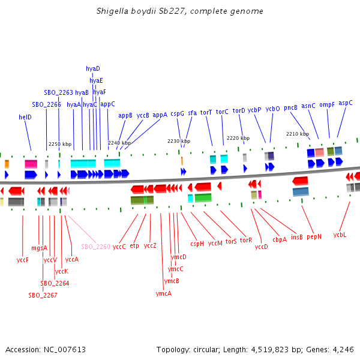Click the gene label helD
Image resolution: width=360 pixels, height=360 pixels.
[x=25, y=118]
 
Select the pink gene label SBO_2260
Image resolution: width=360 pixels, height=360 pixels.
[x=95, y=247]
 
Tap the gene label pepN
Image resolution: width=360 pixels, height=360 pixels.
[x=314, y=236]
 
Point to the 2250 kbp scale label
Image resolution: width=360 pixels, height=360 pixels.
[x=60, y=144]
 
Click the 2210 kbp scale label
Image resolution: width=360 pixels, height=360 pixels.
[x=297, y=134]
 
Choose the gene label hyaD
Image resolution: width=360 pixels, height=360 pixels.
[x=93, y=69]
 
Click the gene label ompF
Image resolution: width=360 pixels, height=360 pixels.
[x=327, y=104]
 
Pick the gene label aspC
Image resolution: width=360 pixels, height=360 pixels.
[x=346, y=103]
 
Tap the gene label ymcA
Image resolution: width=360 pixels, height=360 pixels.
[x=164, y=293]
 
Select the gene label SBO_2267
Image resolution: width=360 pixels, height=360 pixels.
[x=43, y=295]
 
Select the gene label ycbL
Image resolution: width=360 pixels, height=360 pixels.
[x=340, y=235]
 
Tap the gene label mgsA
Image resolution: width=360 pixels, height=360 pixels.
[x=39, y=248]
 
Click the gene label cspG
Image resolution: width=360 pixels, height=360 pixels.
[x=177, y=113]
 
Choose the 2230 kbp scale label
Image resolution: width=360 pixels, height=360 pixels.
[x=179, y=142]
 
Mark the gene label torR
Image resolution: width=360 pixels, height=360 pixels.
[x=246, y=240]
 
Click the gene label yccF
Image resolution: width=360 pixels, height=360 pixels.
[x=23, y=260]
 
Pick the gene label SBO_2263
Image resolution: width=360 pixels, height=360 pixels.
[x=58, y=93]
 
